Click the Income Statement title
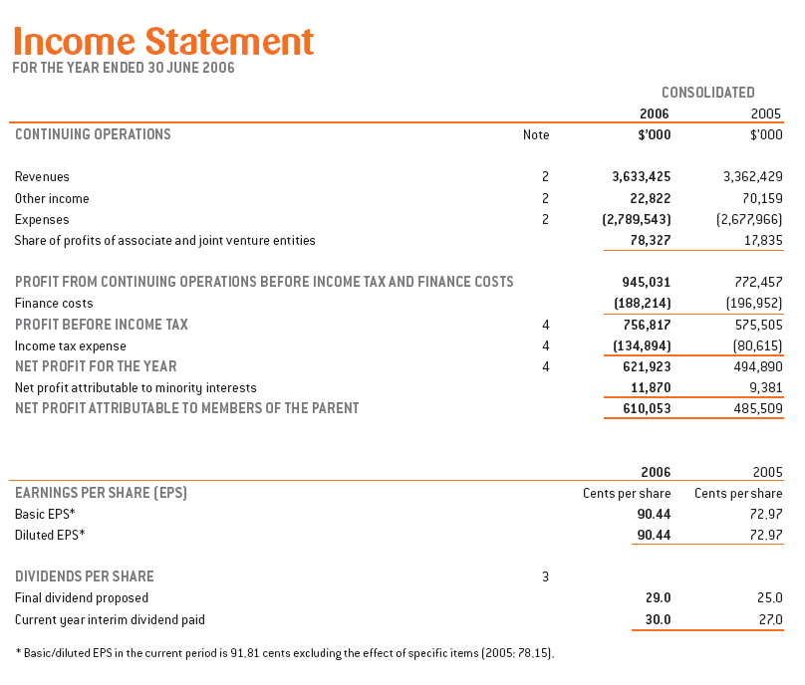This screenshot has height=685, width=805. (x=163, y=41)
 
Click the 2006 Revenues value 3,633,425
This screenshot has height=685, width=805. (x=641, y=176)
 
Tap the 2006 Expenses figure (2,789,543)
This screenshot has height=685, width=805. (x=637, y=219)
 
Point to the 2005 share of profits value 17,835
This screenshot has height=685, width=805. (x=758, y=240)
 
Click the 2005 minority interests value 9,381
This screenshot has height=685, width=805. (x=762, y=387)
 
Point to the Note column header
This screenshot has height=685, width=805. (x=536, y=135)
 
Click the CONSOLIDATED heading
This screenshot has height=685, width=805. (x=707, y=93)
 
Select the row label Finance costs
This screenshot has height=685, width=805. (x=54, y=303)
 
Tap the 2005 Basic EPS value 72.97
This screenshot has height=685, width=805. (x=762, y=514)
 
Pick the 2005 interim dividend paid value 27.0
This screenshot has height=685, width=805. (x=769, y=619)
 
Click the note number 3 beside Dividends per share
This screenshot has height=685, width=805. (x=545, y=576)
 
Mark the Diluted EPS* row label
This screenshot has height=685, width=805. (x=50, y=536)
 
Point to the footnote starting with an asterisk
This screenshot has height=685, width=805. (x=284, y=653)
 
